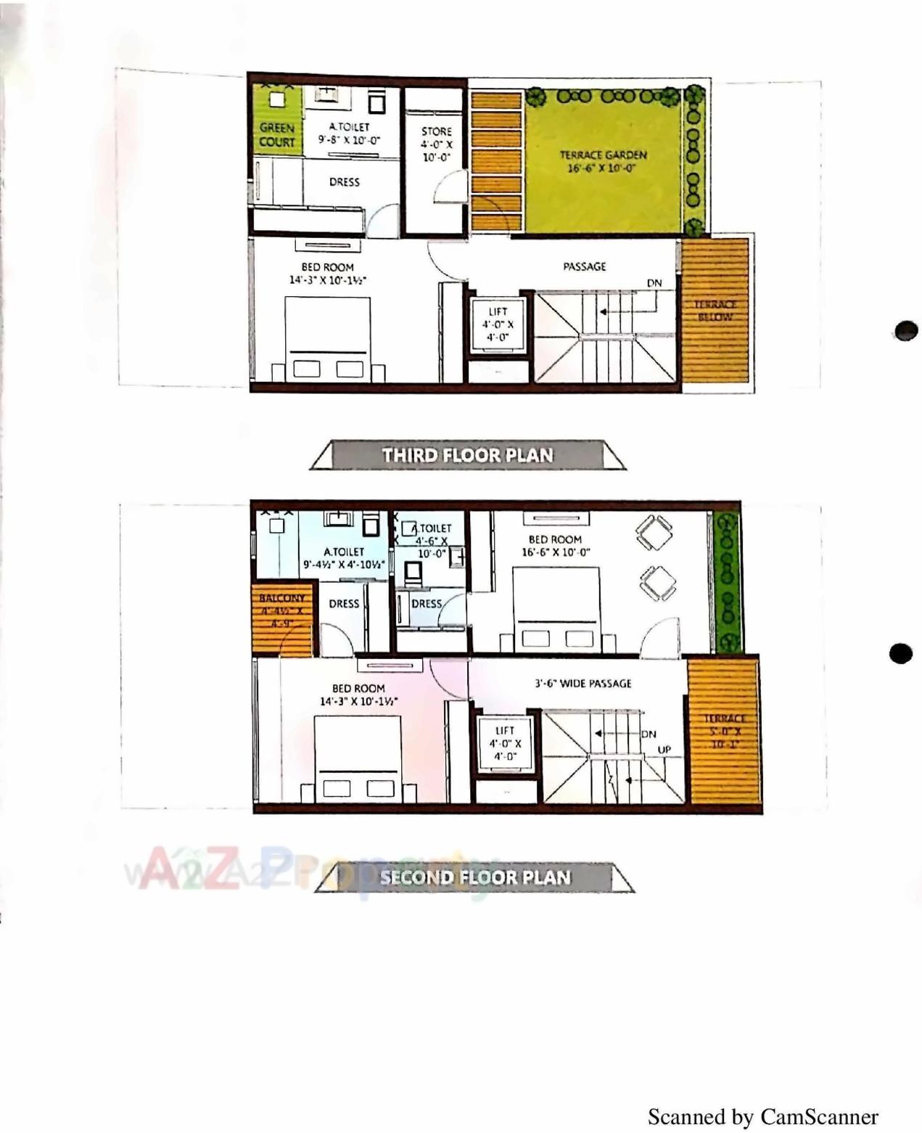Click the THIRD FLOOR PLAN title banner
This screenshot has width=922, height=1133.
pyautogui.click(x=467, y=455)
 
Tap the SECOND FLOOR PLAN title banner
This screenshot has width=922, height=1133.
pyautogui.click(x=475, y=877)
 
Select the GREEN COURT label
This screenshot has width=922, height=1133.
pyautogui.click(x=277, y=135)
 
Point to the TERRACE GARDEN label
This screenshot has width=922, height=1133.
pyautogui.click(x=602, y=155)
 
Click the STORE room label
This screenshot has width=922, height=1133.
pyautogui.click(x=436, y=131)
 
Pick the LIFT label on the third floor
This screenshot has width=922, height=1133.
pyautogui.click(x=498, y=311)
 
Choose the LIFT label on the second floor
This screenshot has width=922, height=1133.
pyautogui.click(x=505, y=731)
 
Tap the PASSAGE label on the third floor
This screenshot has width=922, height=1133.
pyautogui.click(x=584, y=266)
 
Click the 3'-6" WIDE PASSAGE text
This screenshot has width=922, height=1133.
pyautogui.click(x=583, y=683)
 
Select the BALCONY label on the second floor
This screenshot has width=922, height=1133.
pyautogui.click(x=281, y=598)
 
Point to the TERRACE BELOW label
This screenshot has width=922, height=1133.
pyautogui.click(x=715, y=310)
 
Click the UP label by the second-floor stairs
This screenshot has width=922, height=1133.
pyautogui.click(x=664, y=749)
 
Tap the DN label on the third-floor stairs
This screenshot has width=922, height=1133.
pyautogui.click(x=654, y=283)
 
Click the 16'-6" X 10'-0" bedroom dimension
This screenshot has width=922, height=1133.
pyautogui.click(x=556, y=552)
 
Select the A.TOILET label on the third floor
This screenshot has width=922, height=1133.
pyautogui.click(x=349, y=126)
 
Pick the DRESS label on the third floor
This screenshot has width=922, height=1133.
pyautogui.click(x=344, y=181)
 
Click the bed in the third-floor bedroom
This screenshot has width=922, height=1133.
pyautogui.click(x=328, y=338)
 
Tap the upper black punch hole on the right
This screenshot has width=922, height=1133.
pyautogui.click(x=906, y=330)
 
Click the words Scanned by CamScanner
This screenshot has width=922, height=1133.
pyautogui.click(x=762, y=1116)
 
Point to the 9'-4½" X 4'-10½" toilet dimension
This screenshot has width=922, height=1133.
pyautogui.click(x=343, y=565)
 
